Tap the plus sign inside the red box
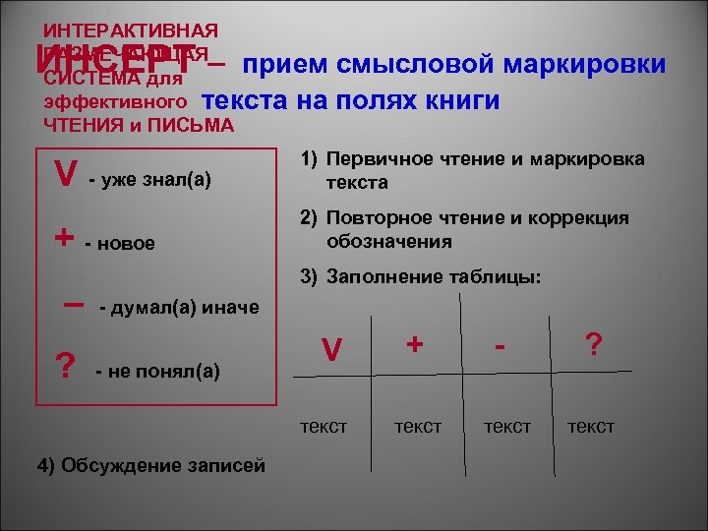point(64,239)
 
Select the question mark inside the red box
point(66,367)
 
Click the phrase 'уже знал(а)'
point(154,182)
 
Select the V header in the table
point(332,349)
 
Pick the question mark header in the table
point(593,343)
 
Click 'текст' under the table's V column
point(324,426)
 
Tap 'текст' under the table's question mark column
point(591,426)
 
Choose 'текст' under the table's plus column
point(418,426)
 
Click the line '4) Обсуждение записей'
point(150,465)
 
